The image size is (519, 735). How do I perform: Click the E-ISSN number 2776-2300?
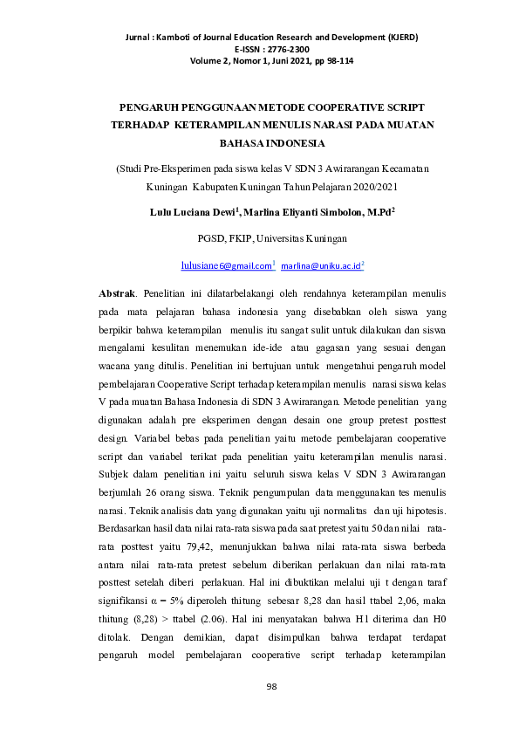(278, 51)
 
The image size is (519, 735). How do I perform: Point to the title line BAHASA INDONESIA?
(260, 141)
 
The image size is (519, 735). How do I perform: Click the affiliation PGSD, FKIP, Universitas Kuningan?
(260, 237)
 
